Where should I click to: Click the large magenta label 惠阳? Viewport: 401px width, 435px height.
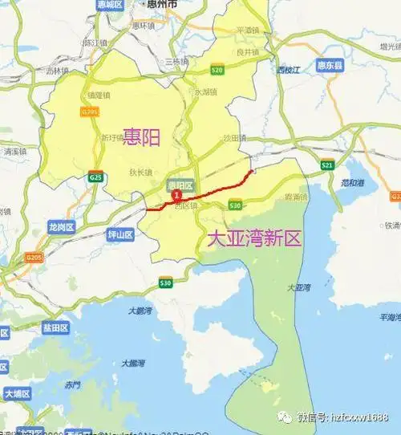point(141,137)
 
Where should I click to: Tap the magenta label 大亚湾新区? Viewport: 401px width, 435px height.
point(253,238)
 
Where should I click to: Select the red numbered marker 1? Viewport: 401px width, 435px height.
point(176,195)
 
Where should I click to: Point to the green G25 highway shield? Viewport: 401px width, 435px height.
point(96,176)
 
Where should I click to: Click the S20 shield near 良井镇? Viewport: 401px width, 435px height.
point(217,71)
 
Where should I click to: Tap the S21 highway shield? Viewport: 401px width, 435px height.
point(326,165)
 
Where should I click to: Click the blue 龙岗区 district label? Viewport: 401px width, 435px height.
point(61,226)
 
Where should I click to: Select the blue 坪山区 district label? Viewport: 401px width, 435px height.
point(120,234)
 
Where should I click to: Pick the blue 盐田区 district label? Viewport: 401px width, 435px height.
point(56,328)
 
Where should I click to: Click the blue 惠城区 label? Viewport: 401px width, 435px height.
point(108,5)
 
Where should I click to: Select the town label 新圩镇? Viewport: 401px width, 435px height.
point(111,137)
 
